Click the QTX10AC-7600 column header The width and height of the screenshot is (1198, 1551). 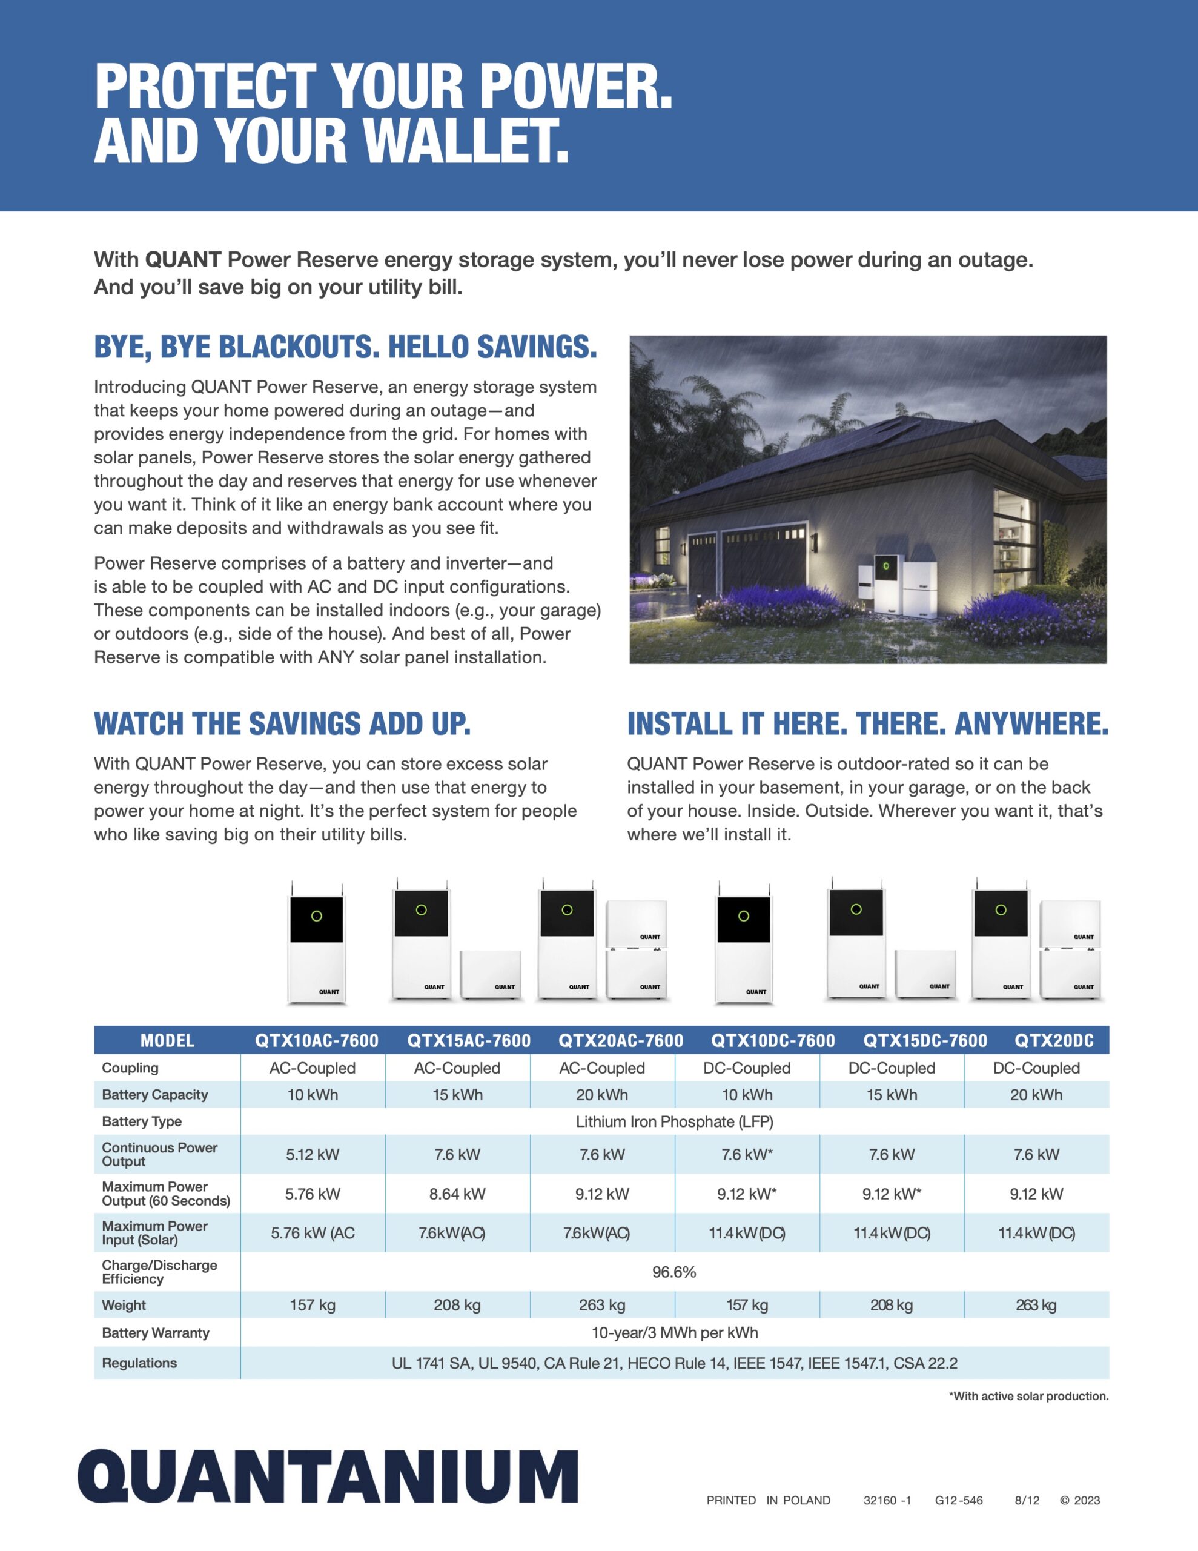317,1040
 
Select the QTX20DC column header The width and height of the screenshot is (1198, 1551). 1054,1040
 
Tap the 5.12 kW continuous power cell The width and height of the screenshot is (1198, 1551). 313,1154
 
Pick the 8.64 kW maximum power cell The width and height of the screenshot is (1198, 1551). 457,1194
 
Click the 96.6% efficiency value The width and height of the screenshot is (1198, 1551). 674,1272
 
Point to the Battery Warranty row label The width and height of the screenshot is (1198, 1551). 156,1332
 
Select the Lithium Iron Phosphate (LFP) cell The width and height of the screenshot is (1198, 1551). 674,1121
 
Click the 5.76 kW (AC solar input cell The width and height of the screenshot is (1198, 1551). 313,1233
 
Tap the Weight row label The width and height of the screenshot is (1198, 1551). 124,1304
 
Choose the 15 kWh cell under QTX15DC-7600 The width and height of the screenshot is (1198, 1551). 892,1094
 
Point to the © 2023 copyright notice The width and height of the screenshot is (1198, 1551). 1079,1500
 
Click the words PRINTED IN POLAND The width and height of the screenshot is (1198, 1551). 769,1500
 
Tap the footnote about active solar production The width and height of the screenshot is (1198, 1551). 1028,1395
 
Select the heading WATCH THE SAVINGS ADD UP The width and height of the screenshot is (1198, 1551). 282,723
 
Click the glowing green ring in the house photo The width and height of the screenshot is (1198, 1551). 886,566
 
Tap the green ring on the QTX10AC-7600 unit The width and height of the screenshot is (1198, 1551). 317,916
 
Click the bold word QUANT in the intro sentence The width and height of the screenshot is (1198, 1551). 184,259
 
